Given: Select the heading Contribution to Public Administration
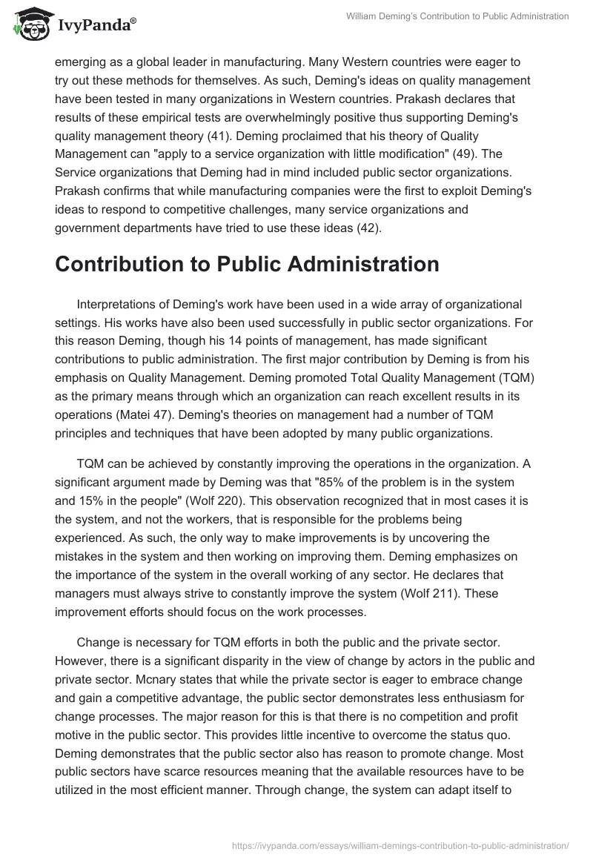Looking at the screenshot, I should [x=247, y=264].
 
